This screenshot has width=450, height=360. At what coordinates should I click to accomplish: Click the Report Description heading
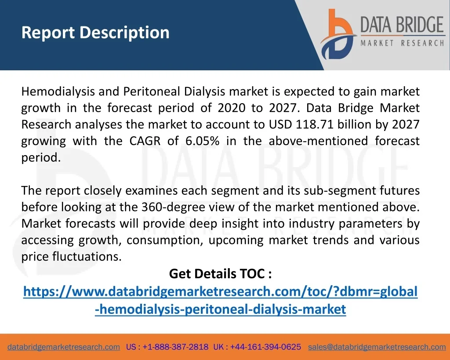[95, 33]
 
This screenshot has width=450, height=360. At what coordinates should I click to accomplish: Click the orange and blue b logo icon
[338, 34]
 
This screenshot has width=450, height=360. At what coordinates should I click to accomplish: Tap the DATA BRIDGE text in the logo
[402, 25]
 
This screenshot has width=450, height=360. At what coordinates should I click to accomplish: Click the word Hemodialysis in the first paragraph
[58, 92]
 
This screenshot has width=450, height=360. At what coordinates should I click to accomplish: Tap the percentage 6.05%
[202, 141]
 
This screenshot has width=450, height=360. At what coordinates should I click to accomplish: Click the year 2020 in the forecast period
[231, 108]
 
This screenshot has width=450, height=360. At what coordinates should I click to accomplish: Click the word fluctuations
[87, 256]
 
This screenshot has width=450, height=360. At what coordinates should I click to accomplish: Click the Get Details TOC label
[221, 273]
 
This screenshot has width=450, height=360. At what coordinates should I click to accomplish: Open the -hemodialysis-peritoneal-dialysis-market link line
[221, 309]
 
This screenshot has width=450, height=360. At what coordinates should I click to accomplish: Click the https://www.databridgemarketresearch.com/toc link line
[221, 292]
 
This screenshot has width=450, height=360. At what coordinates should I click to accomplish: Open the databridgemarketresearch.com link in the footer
[64, 347]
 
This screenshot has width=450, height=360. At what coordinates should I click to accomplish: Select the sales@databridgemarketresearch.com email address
[377, 347]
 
